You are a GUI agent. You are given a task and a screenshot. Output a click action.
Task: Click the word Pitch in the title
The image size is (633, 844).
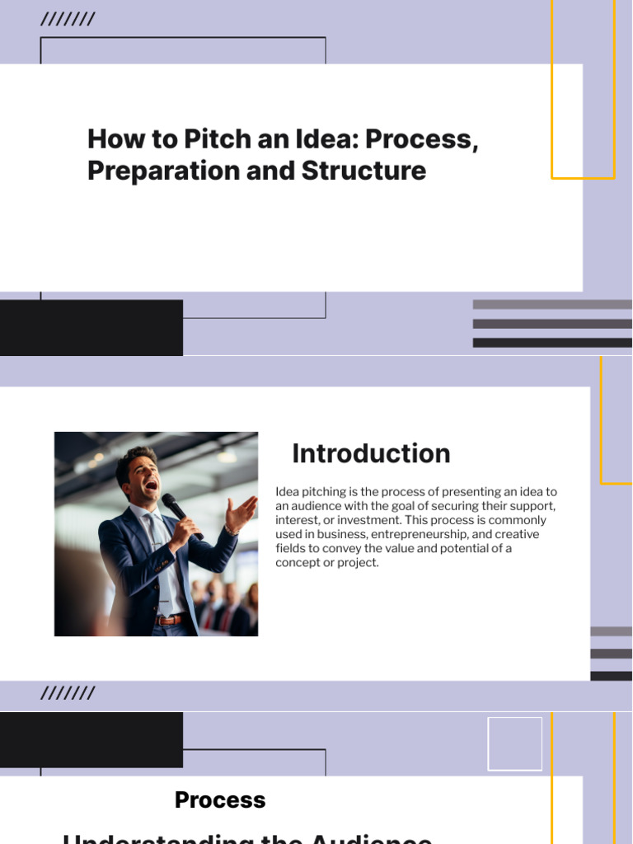217,138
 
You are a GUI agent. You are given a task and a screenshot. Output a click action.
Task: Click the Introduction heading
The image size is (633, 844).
371,453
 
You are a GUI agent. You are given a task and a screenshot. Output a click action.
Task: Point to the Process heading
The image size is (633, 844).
220,799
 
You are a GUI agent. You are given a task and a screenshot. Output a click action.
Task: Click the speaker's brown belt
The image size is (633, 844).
171,620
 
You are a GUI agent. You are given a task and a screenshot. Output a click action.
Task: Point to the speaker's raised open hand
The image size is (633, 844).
241,515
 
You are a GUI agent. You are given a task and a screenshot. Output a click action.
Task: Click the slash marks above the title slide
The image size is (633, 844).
68,20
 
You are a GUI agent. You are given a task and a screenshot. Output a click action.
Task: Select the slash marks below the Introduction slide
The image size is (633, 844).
68,693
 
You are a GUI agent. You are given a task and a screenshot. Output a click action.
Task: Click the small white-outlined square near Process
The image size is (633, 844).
515,743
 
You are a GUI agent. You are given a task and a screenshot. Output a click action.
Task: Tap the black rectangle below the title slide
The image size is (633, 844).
91,328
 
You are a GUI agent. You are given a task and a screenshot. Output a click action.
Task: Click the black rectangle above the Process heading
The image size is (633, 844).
91,739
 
